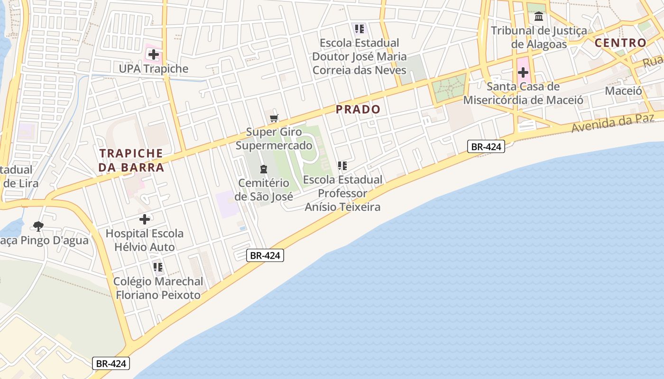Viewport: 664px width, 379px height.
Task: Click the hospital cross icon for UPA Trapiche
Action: pyautogui.click(x=153, y=54)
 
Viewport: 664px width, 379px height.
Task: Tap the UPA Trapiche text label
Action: pyautogui.click(x=154, y=69)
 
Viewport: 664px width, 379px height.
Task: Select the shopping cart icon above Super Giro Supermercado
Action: pyautogui.click(x=274, y=118)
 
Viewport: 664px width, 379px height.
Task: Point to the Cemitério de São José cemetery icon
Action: pyautogui.click(x=264, y=169)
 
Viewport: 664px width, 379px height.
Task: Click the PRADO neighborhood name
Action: pyautogui.click(x=358, y=109)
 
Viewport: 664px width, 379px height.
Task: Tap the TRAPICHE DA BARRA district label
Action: pyautogui.click(x=131, y=160)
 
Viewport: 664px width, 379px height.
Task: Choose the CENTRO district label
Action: pyautogui.click(x=620, y=43)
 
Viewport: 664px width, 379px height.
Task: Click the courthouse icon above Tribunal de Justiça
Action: pyautogui.click(x=539, y=17)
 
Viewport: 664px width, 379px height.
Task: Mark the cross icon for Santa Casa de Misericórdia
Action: pyautogui.click(x=523, y=72)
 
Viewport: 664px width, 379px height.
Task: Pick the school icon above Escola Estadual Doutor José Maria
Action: pyautogui.click(x=359, y=29)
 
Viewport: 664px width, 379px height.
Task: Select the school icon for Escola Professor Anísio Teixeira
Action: pyautogui.click(x=342, y=166)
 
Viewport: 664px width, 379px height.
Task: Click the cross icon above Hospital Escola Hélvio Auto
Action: pyautogui.click(x=145, y=219)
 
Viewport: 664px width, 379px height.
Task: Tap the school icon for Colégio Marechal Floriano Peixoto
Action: pyautogui.click(x=158, y=267)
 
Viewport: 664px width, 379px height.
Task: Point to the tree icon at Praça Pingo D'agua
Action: pyautogui.click(x=38, y=226)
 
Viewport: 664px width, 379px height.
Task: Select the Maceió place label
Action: pyautogui.click(x=623, y=90)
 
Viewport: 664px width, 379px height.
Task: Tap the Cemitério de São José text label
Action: pyautogui.click(x=264, y=189)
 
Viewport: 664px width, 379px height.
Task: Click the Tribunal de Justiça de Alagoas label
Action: pyautogui.click(x=539, y=37)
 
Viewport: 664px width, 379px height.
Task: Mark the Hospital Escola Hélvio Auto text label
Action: pyautogui.click(x=145, y=240)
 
